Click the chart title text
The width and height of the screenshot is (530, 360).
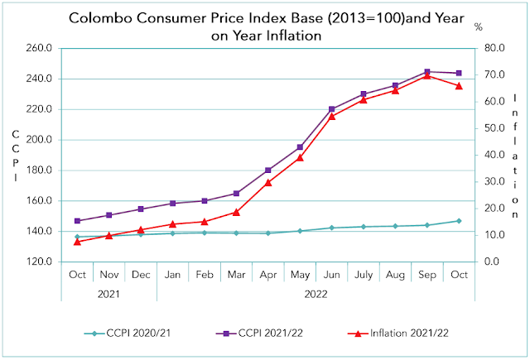coord(248,27)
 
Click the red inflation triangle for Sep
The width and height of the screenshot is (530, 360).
coord(427,75)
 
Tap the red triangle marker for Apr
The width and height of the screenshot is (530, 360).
coord(268,182)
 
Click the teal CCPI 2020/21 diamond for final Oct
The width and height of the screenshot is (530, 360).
coord(459,221)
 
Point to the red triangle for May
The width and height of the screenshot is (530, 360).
coord(301,157)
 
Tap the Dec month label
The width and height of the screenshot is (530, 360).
coord(141,274)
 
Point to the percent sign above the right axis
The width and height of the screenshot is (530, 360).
coord(479,27)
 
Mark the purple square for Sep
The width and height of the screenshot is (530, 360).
coord(427,72)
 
